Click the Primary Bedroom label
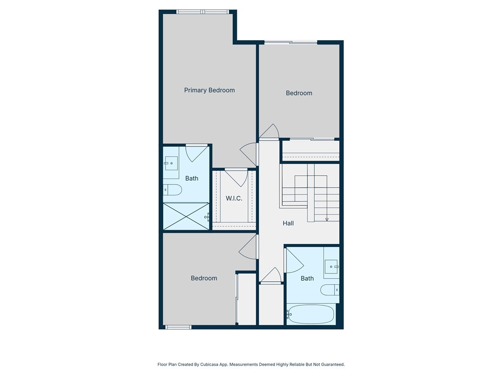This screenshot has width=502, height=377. (x=209, y=90)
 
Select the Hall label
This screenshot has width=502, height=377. (x=288, y=223)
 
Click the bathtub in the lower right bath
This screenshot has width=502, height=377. (x=311, y=314)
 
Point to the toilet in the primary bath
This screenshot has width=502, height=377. (x=173, y=189)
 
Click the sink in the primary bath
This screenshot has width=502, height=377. (x=171, y=162)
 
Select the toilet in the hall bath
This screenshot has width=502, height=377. (x=330, y=290)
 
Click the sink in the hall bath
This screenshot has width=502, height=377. (x=332, y=267)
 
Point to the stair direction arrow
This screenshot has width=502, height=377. (x=326, y=217)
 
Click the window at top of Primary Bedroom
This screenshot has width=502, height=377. (x=202, y=12)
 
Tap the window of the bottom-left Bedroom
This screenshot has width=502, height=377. (x=178, y=327)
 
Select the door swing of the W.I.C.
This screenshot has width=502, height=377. (x=236, y=177)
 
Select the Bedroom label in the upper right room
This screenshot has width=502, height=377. (x=299, y=93)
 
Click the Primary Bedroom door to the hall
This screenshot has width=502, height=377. (x=250, y=154)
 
